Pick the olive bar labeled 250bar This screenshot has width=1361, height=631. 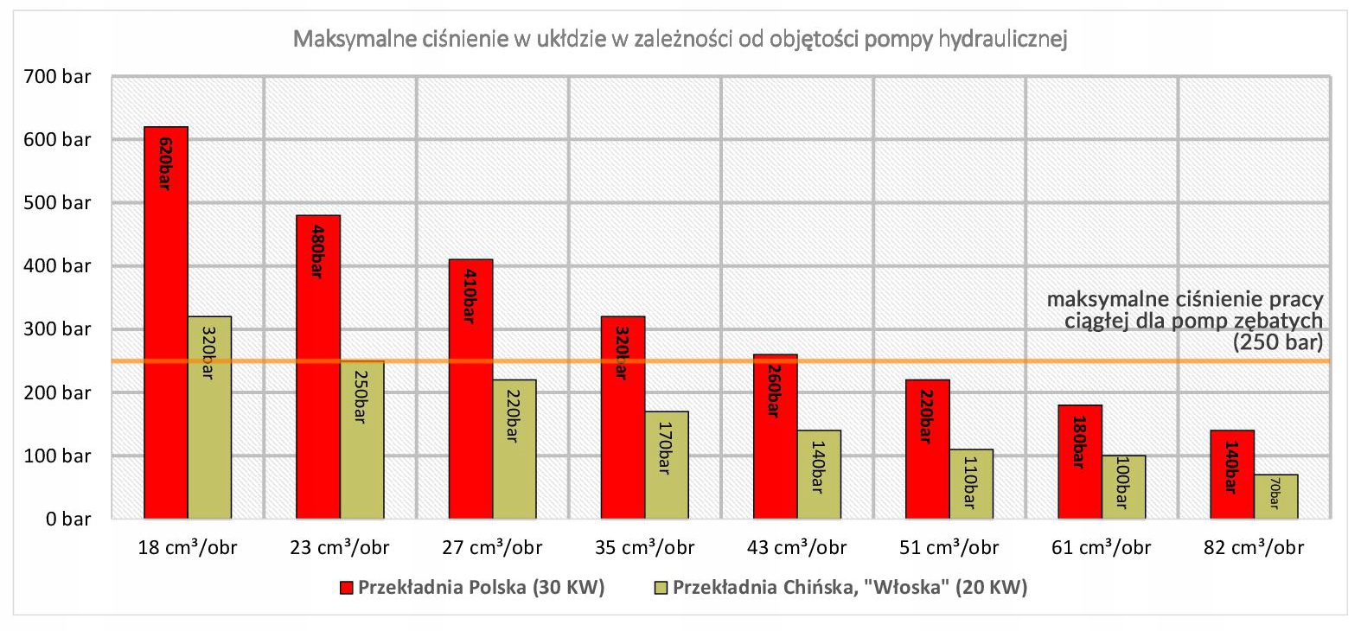coord(361,440)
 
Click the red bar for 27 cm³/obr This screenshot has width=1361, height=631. coord(470,389)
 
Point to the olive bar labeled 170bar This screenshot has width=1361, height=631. coord(667,465)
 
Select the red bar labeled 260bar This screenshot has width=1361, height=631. coord(775,437)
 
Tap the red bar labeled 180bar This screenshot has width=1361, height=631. coord(1080,462)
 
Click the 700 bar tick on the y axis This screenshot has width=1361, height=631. coord(57,77)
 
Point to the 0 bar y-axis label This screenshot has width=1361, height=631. coord(68,519)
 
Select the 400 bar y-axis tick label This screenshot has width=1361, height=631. coord(57,266)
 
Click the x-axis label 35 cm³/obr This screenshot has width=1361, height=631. coord(644,548)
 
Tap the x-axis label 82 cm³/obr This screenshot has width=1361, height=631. coord(1253,548)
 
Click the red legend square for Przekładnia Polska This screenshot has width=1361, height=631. coord(347,589)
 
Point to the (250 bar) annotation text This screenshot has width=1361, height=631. coord(1277,342)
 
